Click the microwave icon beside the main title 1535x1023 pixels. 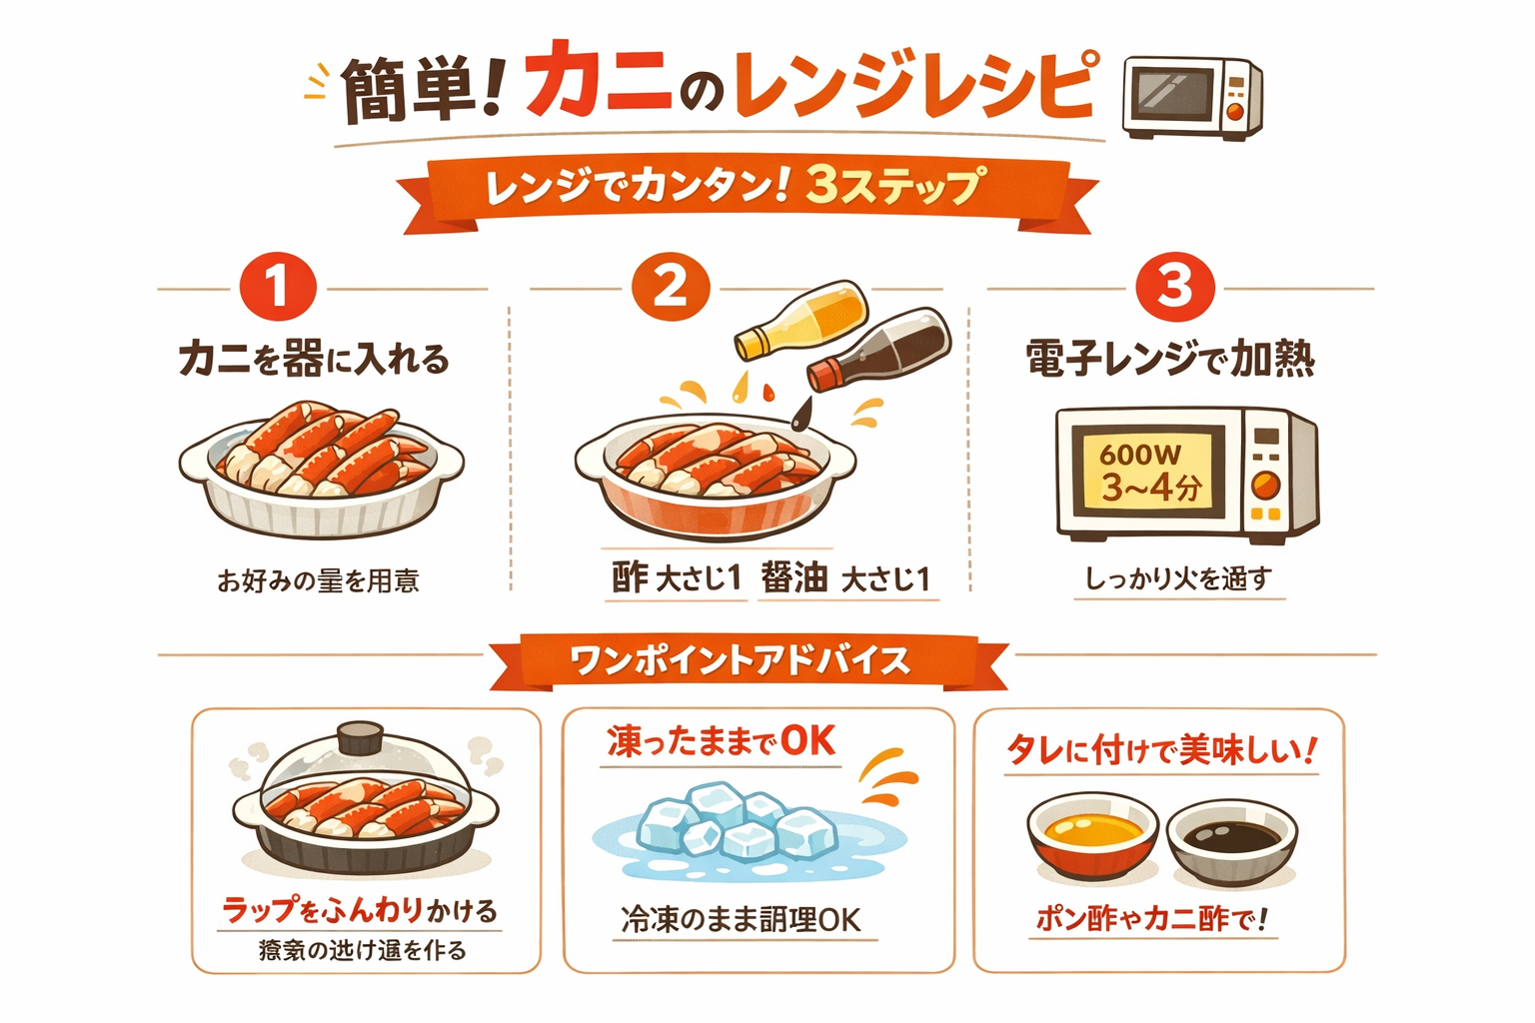(1192, 97)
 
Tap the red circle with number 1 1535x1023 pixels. (278, 288)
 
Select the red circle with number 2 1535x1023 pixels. (671, 288)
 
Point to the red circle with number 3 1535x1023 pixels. (1175, 288)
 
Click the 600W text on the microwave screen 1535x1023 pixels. (1140, 455)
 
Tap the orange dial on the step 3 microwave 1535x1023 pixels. (1265, 487)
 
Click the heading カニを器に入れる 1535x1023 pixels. (314, 359)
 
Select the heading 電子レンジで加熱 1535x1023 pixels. (1170, 359)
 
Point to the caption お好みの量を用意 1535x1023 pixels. (318, 580)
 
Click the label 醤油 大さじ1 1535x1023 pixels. (845, 578)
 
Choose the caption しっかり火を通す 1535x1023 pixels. (1178, 578)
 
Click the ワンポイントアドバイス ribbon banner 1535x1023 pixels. (740, 661)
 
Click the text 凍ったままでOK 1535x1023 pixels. (721, 742)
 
